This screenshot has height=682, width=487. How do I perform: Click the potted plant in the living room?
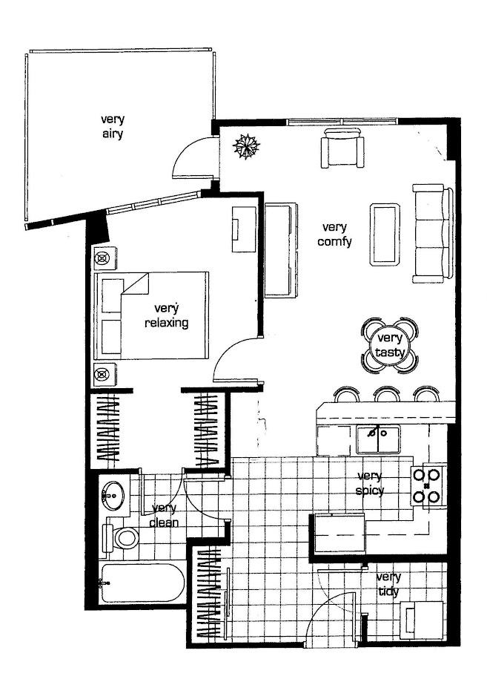246,145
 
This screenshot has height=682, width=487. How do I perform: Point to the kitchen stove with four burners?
428,485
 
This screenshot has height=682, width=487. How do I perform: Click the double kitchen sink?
377,439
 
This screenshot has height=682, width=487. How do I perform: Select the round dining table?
390,345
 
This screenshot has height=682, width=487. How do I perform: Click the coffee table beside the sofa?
385,234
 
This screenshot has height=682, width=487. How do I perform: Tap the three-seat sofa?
432,234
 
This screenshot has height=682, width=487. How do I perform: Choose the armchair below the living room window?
342,148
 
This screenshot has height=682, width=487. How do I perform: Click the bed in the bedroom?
151,316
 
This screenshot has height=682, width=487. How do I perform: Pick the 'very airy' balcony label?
113,126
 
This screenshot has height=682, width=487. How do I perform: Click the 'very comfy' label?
334,235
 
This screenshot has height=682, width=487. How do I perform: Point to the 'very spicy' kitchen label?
369,483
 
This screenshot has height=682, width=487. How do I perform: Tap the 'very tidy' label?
388,584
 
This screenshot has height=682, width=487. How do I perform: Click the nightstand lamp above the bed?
105,258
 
